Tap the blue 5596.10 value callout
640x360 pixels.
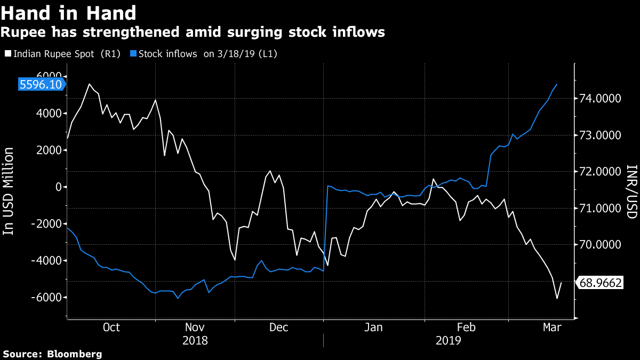[40, 84]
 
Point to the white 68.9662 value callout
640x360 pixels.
[600, 283]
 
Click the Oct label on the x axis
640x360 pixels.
[110, 327]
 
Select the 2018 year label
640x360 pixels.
[195, 340]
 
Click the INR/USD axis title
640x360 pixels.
[632, 191]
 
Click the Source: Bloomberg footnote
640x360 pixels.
[52, 354]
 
